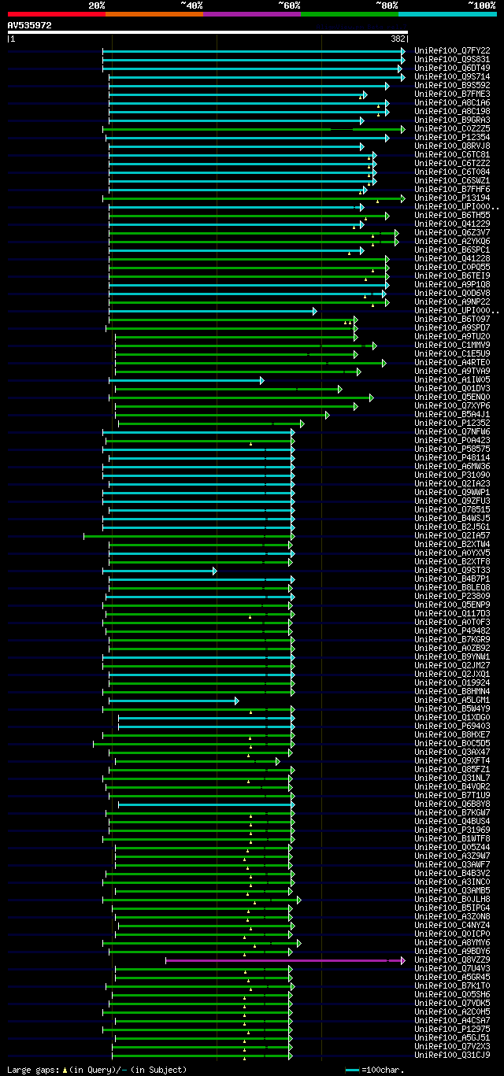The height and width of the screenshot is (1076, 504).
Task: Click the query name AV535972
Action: point(30,25)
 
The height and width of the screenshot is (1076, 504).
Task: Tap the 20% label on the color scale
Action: point(97,5)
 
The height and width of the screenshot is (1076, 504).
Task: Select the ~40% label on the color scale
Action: point(191,5)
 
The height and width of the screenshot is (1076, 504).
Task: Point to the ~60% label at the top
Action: point(289,5)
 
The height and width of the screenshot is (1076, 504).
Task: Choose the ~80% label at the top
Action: point(387,5)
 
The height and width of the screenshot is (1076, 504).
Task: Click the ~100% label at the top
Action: point(482,5)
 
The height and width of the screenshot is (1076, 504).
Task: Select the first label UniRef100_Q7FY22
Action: point(452,50)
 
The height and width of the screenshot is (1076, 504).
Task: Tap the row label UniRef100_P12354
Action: point(452,137)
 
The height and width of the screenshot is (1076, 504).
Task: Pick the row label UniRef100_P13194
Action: point(452,198)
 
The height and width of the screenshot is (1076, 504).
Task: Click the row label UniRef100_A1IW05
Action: point(452,379)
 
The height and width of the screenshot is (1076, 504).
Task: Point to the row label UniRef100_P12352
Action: point(452,423)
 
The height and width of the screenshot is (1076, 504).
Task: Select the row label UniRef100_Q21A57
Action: point(452,535)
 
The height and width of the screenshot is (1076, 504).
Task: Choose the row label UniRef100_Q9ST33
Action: point(452,570)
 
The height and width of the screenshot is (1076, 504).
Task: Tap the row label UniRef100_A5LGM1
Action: point(452,700)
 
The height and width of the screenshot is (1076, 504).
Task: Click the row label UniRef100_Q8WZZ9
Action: point(452,960)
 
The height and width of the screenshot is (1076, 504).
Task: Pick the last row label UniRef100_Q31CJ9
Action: point(452,1055)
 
